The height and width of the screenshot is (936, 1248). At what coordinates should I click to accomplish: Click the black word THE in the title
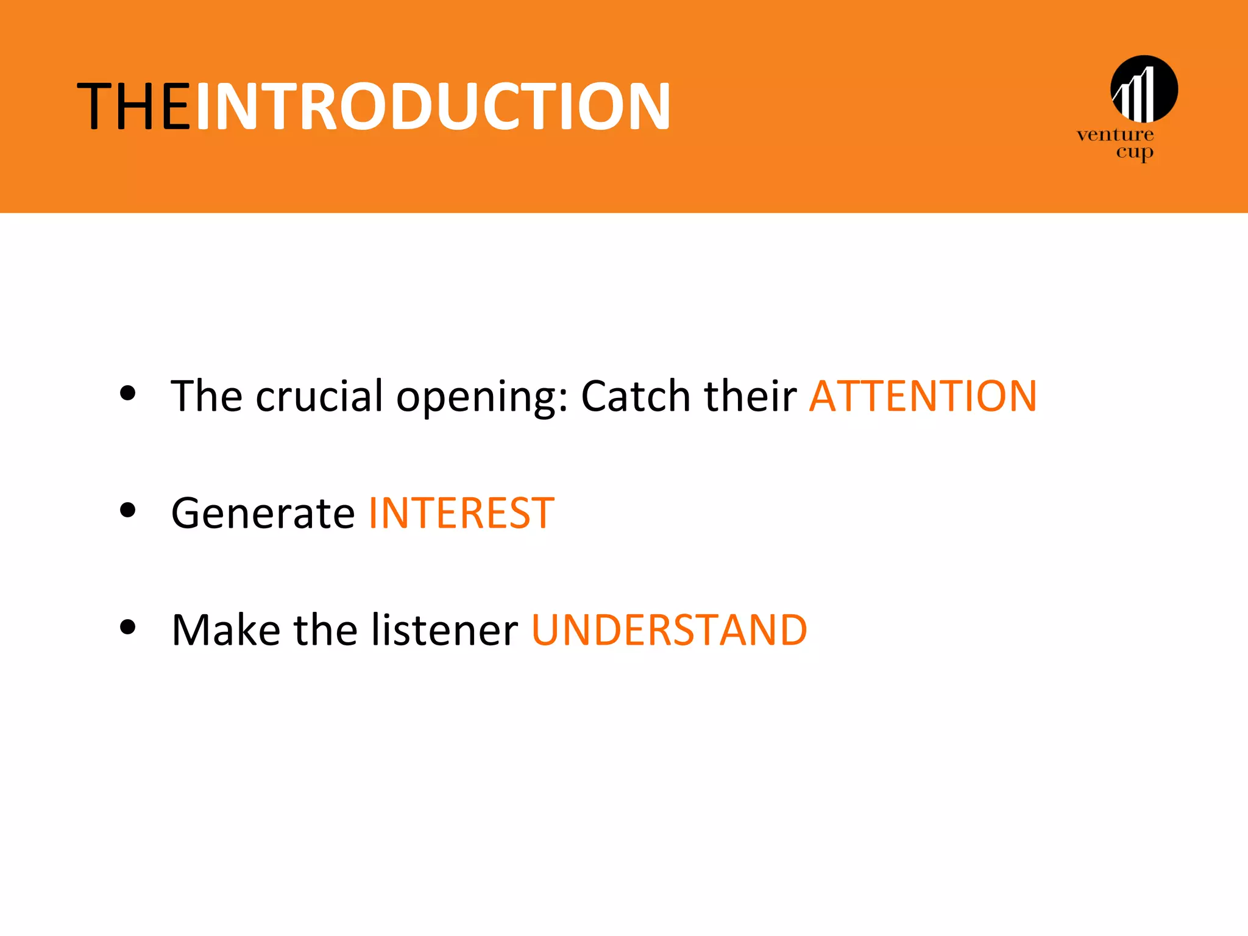133,107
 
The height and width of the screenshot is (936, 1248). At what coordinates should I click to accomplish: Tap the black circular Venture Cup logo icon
1144,89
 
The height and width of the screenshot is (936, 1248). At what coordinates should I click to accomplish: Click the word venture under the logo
1115,135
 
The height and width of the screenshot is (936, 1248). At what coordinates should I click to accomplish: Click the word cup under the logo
1134,152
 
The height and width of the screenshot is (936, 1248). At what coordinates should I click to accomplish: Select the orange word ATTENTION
923,397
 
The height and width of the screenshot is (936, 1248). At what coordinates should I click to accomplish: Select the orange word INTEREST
461,513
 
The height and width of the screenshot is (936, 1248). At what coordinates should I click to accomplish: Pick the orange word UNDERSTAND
669,630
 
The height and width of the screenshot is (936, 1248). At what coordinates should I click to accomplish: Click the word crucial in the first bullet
319,397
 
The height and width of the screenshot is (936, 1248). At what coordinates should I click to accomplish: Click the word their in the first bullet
750,397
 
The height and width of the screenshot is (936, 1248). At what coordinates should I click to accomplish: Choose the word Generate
263,513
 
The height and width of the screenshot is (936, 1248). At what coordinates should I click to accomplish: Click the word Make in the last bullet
225,630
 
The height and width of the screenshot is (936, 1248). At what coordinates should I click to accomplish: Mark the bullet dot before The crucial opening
127,393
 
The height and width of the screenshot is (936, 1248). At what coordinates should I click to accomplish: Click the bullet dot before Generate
127,509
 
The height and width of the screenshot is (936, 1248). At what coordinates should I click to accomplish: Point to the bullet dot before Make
127,626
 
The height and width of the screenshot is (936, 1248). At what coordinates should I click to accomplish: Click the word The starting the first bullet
206,397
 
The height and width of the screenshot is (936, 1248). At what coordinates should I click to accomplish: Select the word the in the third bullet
325,630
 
